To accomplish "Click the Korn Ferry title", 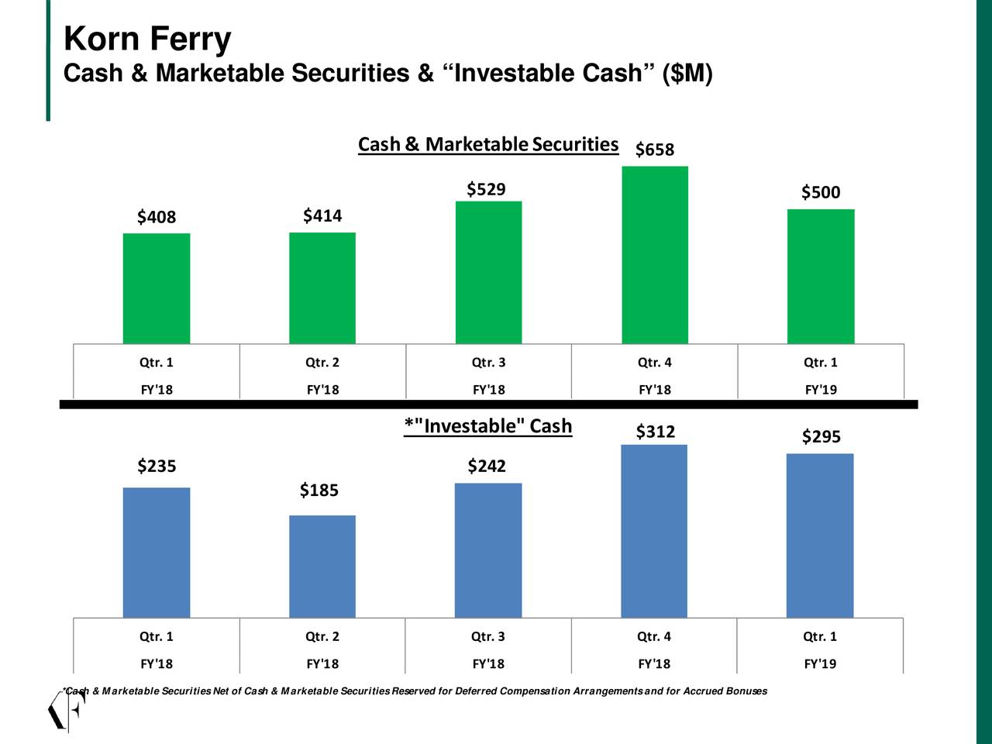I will (147, 40).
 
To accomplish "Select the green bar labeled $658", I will (655, 255).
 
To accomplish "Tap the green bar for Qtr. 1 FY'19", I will (821, 276).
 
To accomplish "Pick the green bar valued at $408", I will (157, 288).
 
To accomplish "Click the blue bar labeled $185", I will (322, 567).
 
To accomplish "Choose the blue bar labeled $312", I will (654, 532).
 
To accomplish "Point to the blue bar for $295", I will (820, 536).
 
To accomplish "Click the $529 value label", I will (487, 190).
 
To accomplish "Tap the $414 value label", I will (322, 215).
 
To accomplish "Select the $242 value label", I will (487, 466).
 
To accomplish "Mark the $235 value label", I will (157, 466).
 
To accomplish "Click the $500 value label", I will (821, 192).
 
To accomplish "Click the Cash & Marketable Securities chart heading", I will (488, 145).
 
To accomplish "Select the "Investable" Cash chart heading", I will (488, 426).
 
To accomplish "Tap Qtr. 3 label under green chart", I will (488, 362).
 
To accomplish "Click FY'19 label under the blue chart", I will (820, 663).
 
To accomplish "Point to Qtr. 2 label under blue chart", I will (322, 636).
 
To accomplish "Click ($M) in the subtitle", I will (687, 74).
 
